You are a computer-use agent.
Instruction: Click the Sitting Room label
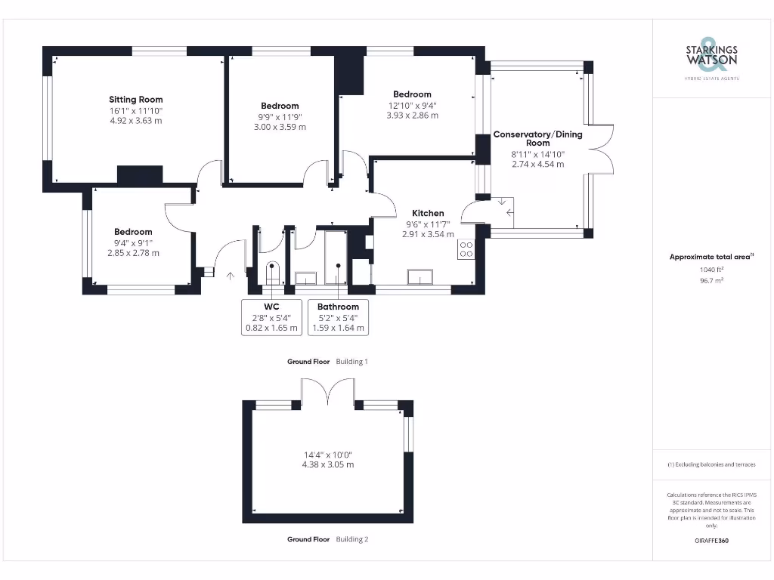pos(136,100)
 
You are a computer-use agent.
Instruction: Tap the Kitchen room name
pos(428,213)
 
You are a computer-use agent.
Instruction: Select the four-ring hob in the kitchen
pos(466,249)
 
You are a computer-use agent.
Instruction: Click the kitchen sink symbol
pos(419,278)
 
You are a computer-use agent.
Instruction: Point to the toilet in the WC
pos(273,271)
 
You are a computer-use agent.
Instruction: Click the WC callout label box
pos(272,317)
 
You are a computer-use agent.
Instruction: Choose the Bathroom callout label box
pos(338,317)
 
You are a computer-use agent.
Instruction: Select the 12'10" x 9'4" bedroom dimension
pos(413,105)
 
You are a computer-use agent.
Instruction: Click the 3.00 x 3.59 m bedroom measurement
pos(280,128)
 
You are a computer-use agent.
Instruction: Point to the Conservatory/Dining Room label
pos(538,138)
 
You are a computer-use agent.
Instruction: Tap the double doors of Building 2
pos(328,391)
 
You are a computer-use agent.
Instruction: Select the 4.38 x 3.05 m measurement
pos(328,464)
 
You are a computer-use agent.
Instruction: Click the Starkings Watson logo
pos(711,56)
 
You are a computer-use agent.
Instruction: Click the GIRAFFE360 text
pos(711,541)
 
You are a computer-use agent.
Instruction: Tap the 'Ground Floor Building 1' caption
pos(327,362)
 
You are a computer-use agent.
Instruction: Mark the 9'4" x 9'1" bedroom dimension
pos(133,242)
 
